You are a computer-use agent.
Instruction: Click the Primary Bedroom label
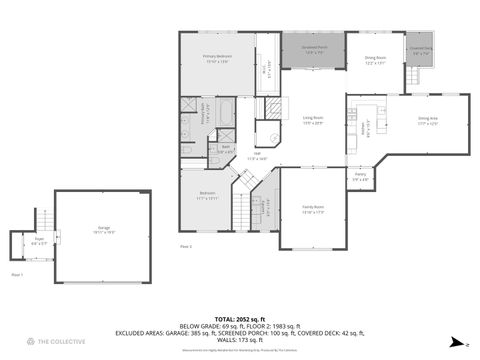point(217,59)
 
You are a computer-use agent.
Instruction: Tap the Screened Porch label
point(312,51)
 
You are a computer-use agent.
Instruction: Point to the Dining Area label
point(428,121)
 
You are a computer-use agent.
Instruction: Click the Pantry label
point(360,177)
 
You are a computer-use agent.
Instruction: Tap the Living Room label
point(314,120)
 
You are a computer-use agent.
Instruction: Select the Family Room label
point(313,209)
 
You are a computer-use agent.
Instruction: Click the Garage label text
point(104,229)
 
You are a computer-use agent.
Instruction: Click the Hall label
point(257,155)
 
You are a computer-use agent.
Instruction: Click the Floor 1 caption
point(16,273)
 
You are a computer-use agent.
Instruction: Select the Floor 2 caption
point(185,245)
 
